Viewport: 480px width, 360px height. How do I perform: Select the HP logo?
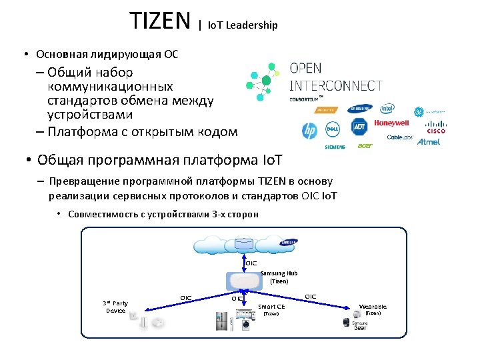click(309, 130)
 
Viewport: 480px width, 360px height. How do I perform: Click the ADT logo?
click(359, 127)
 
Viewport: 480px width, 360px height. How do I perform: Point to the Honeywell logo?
click(391, 123)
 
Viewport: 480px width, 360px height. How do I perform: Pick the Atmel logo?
click(428, 142)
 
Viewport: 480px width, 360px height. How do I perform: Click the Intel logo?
click(387, 109)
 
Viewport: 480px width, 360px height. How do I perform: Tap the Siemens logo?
click(335, 147)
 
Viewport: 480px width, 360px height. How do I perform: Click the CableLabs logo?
click(400, 137)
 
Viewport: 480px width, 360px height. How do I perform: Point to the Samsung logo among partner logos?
click(360, 109)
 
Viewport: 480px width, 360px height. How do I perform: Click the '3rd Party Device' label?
click(115, 307)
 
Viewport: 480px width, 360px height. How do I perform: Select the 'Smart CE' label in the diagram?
click(271, 307)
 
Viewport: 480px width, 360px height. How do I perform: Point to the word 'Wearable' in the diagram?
click(373, 307)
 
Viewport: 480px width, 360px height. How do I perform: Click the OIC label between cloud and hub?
click(251, 263)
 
